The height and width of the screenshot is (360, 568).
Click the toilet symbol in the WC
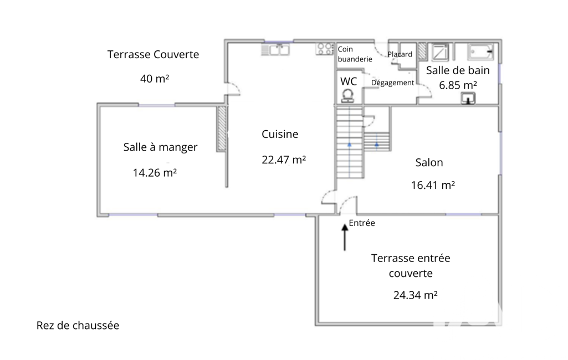point(348,96)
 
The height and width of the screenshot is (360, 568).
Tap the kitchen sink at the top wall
point(275,50)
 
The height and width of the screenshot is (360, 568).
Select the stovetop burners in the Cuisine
point(325,49)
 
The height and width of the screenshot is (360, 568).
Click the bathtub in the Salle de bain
point(480,52)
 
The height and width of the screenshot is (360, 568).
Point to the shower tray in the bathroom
point(440,52)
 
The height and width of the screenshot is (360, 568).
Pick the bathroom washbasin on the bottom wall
point(468,99)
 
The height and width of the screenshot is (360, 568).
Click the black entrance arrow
point(345,237)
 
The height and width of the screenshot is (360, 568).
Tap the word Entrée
point(361,223)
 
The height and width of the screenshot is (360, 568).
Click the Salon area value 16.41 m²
point(433,185)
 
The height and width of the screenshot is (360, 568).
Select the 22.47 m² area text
point(284,160)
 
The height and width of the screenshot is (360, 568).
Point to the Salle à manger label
point(160,147)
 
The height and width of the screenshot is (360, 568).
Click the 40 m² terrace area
point(155,78)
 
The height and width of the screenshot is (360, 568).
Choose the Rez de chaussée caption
point(78,325)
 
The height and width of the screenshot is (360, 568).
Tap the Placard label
point(400,54)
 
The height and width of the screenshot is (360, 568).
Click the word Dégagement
point(392,83)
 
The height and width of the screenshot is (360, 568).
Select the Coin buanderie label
point(355,54)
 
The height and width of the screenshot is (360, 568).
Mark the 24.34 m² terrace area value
point(415,295)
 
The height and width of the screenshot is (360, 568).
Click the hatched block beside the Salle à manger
point(222,128)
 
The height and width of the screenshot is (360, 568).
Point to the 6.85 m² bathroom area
point(458,85)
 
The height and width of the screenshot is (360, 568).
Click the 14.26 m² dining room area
point(155,172)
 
